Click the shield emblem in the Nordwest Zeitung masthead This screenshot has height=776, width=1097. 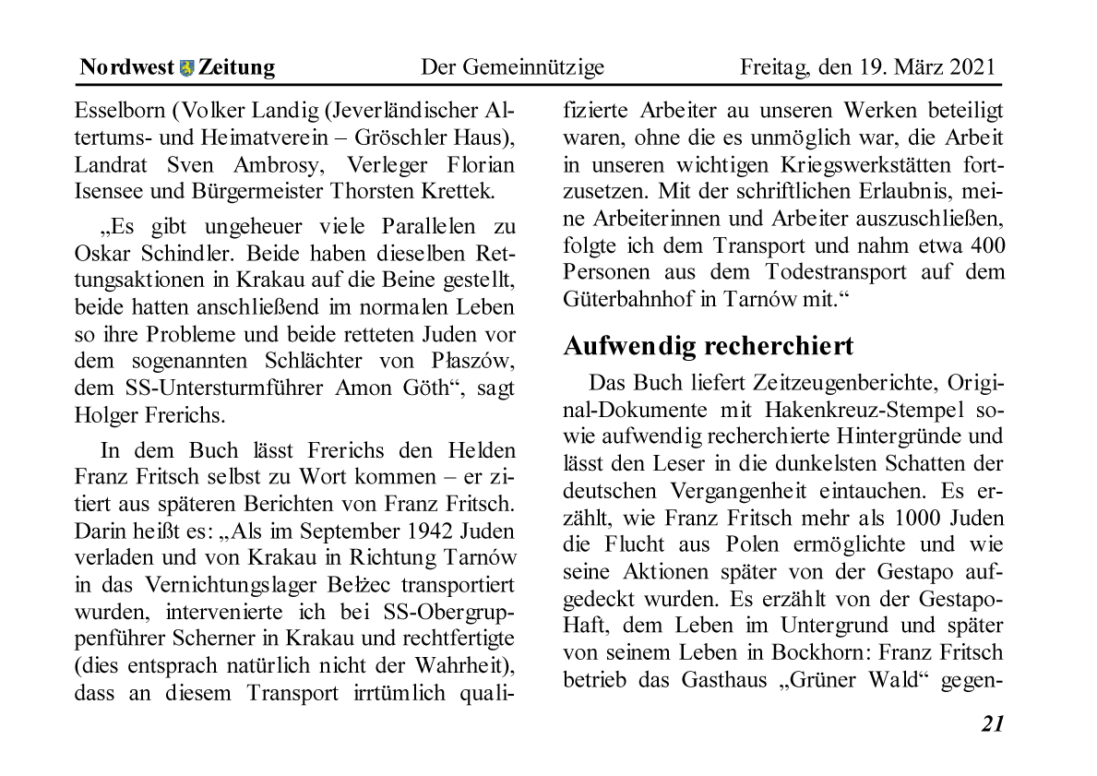186,67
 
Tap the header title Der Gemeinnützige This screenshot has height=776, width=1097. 512,67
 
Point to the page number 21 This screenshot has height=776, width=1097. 992,724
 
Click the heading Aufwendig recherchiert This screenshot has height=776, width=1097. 708,346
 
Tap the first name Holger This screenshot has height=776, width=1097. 103,414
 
